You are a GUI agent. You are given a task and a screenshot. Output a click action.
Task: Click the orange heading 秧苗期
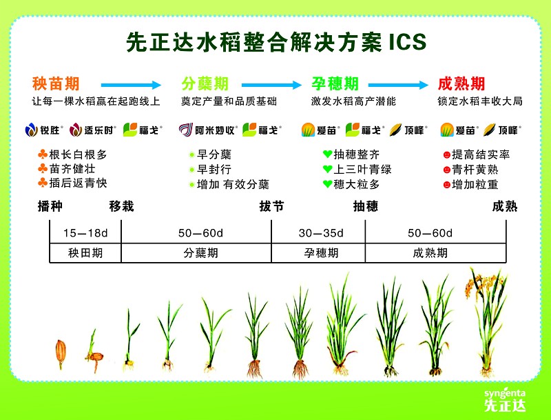56,83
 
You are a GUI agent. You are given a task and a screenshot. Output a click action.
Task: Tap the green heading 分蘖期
205,83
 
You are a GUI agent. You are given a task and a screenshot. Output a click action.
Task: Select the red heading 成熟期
461,83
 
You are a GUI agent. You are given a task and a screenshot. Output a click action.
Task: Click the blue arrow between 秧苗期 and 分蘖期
131,85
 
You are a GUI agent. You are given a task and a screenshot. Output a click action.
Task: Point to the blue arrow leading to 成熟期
398,85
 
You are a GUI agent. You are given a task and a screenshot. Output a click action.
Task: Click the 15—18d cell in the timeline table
85,233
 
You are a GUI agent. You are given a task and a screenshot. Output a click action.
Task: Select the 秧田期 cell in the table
85,253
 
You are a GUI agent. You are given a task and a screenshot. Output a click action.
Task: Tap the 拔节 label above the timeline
271,206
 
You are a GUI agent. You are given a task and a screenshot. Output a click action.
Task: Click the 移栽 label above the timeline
122,206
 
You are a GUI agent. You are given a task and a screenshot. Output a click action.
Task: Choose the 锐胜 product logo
44,130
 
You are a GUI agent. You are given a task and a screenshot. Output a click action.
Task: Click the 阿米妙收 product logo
208,130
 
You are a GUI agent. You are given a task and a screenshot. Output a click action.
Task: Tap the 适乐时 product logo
93,130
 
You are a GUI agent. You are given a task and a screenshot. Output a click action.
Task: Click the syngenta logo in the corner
505,399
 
